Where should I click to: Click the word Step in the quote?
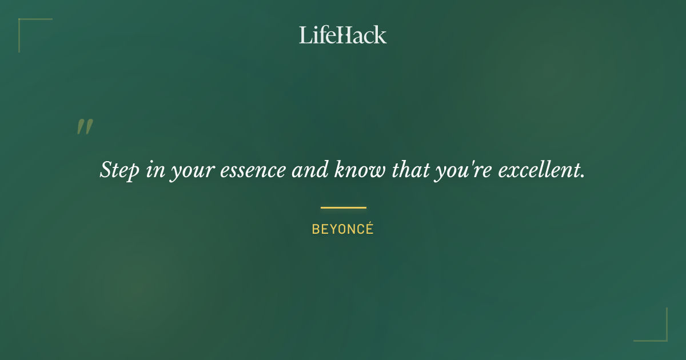tap(119, 170)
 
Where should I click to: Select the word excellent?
tap(537, 170)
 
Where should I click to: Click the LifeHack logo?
tap(343, 35)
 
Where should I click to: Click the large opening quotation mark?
tap(85, 127)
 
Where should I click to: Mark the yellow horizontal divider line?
tap(343, 207)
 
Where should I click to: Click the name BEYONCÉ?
tap(342, 229)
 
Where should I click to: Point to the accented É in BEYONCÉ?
tap(369, 229)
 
